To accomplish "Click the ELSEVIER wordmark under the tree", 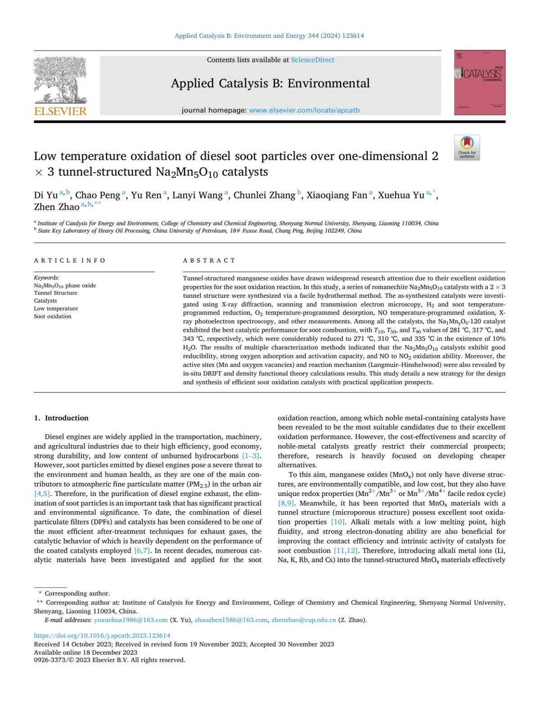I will [x=60, y=111].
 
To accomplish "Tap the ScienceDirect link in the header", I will [x=312, y=60].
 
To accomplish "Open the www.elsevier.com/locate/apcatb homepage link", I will [x=304, y=110].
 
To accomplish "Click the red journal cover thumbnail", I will [x=479, y=82].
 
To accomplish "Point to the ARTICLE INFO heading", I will [x=70, y=260].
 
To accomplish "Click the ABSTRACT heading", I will [x=209, y=260].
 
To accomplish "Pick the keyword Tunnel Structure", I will [x=55, y=293].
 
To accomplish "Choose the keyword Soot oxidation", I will [x=53, y=316].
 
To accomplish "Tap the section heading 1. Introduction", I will [x=61, y=418].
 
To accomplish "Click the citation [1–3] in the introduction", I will [x=251, y=456].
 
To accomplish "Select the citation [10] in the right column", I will [x=337, y=522].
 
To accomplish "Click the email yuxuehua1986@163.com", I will [x=130, y=620].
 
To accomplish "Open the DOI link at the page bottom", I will [x=102, y=635].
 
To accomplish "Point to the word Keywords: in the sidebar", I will [x=46, y=277].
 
